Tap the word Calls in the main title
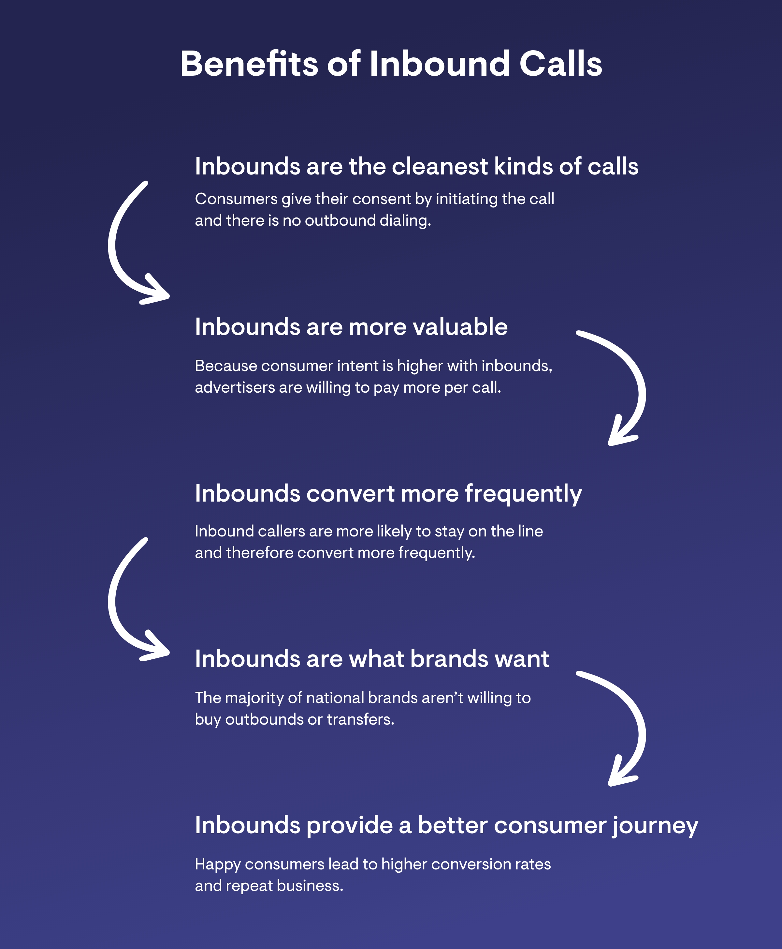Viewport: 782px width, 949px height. (560, 64)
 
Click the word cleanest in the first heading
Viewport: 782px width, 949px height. (440, 166)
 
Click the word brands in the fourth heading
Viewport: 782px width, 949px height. (449, 659)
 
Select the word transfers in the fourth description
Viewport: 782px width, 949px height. (360, 719)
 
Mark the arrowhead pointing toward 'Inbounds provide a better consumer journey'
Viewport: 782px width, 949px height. (622, 771)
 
